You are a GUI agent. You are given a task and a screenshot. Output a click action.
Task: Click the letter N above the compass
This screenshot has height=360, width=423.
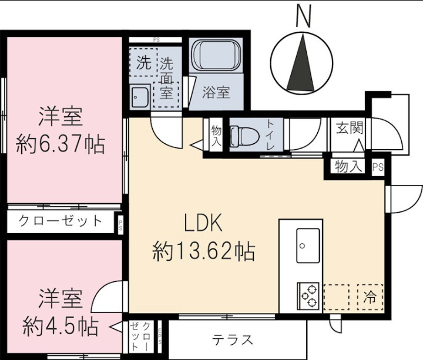tap(303, 16)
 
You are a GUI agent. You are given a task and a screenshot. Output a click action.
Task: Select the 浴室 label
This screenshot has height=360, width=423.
tap(216, 92)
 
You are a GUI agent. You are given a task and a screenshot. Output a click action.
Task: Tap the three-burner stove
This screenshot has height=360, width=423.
tap(308, 296)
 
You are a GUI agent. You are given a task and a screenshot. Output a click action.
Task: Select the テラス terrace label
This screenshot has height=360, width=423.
tap(233, 340)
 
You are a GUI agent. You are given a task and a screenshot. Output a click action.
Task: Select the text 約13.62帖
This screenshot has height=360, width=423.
tap(204, 253)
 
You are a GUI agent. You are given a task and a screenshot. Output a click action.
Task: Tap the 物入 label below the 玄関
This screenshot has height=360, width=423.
tap(348, 167)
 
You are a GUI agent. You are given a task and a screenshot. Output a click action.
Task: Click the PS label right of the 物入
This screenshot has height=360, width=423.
tap(378, 167)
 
